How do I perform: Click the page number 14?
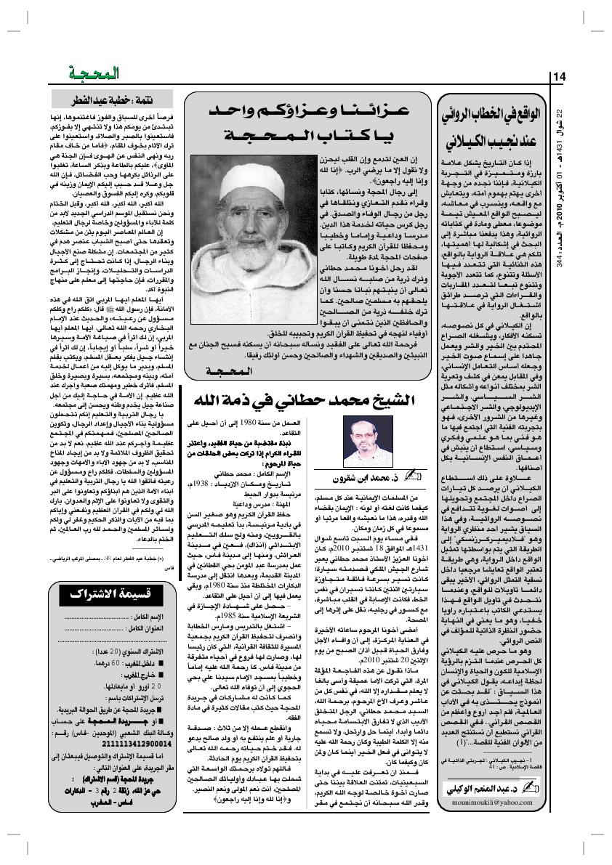(559, 77)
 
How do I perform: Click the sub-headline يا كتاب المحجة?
(310, 135)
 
